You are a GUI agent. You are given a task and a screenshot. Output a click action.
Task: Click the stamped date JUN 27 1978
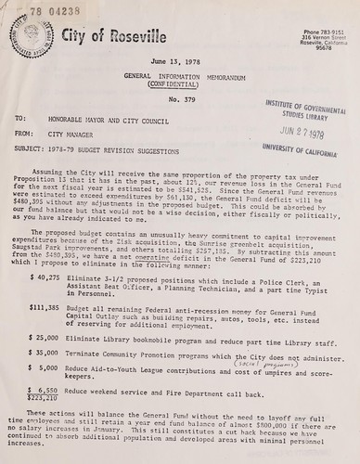(x=303, y=133)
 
